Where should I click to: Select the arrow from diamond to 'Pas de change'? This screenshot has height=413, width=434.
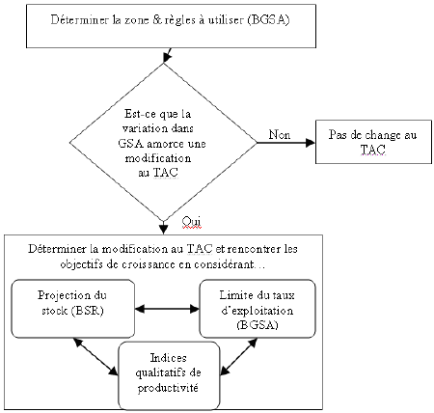point(280,143)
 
